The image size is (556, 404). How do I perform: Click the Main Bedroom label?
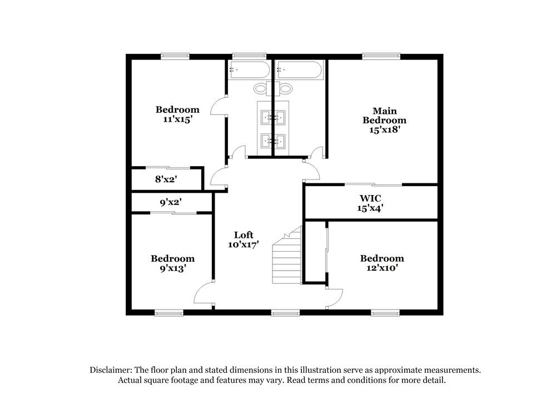click(384, 115)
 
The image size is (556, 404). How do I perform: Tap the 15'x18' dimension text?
click(384, 129)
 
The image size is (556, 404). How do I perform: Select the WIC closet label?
click(370, 198)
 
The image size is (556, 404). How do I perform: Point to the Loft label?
click(244, 235)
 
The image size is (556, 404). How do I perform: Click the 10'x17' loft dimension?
click(244, 245)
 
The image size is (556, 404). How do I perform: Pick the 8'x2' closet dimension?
click(165, 179)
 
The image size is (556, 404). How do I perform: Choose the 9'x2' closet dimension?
click(171, 203)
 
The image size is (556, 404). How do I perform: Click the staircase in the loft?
click(286, 258)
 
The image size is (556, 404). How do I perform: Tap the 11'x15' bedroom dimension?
click(177, 119)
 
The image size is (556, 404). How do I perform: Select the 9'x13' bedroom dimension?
click(172, 268)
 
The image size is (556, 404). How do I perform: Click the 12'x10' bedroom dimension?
click(382, 268)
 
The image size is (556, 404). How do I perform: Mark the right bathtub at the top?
click(299, 71)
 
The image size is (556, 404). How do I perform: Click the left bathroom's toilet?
click(260, 88)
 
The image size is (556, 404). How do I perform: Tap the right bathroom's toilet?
click(285, 88)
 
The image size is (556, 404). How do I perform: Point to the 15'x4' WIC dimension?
click(370, 208)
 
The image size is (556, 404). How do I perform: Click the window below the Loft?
click(285, 313)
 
